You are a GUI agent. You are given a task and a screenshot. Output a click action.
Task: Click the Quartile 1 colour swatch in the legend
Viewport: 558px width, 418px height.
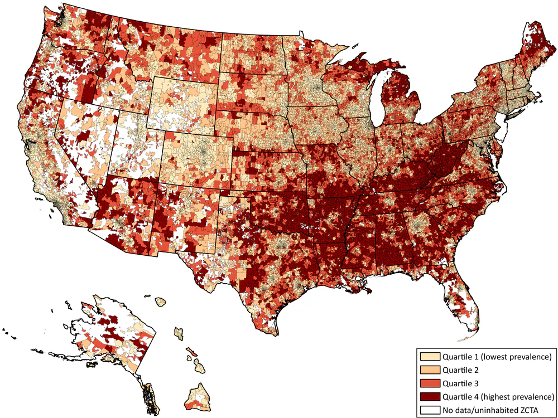[x=430, y=356]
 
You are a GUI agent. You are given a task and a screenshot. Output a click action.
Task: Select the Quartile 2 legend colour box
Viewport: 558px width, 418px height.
[x=430, y=370]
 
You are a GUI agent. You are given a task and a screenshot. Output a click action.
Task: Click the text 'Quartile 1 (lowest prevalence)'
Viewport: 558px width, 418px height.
[x=497, y=356]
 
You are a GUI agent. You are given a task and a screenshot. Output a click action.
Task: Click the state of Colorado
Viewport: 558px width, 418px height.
[x=198, y=153]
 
